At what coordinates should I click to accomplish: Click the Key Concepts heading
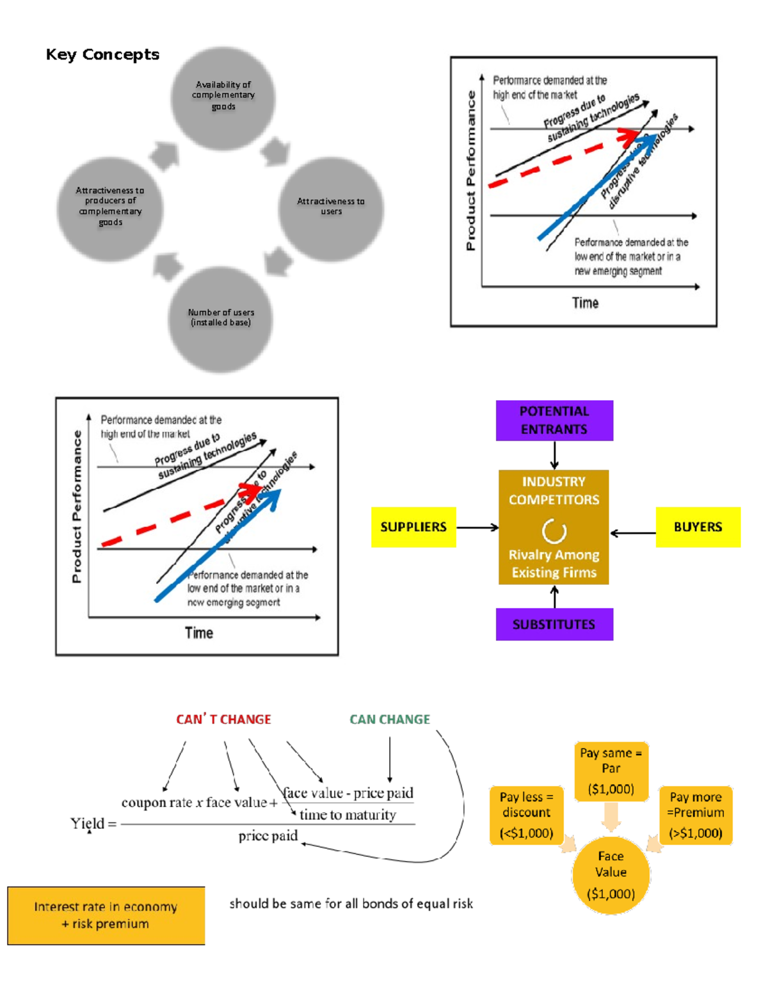[102, 54]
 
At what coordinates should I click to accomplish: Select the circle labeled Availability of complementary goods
[223, 97]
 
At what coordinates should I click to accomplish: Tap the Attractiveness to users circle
[331, 209]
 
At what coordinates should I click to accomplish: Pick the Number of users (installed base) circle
[220, 319]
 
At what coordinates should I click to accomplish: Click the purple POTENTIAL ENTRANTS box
[554, 421]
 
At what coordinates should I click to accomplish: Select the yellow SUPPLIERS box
[413, 527]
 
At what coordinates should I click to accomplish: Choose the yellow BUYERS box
[698, 527]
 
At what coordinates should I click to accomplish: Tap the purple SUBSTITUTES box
[554, 624]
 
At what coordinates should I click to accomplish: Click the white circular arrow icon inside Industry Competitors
[554, 531]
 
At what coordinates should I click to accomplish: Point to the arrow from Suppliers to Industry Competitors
[477, 527]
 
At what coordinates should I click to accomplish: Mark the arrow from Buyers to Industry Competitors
[632, 533]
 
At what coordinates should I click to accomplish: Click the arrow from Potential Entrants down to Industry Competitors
[554, 455]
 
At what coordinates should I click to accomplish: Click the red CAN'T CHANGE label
[223, 719]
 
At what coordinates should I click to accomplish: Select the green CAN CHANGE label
[390, 719]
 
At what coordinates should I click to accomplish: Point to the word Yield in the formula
[87, 823]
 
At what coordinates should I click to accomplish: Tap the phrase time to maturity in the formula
[348, 815]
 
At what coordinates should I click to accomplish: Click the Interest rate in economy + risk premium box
[106, 915]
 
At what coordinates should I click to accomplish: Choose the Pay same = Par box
[611, 771]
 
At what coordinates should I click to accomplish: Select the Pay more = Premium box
[696, 815]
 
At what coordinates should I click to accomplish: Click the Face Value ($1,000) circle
[611, 874]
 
